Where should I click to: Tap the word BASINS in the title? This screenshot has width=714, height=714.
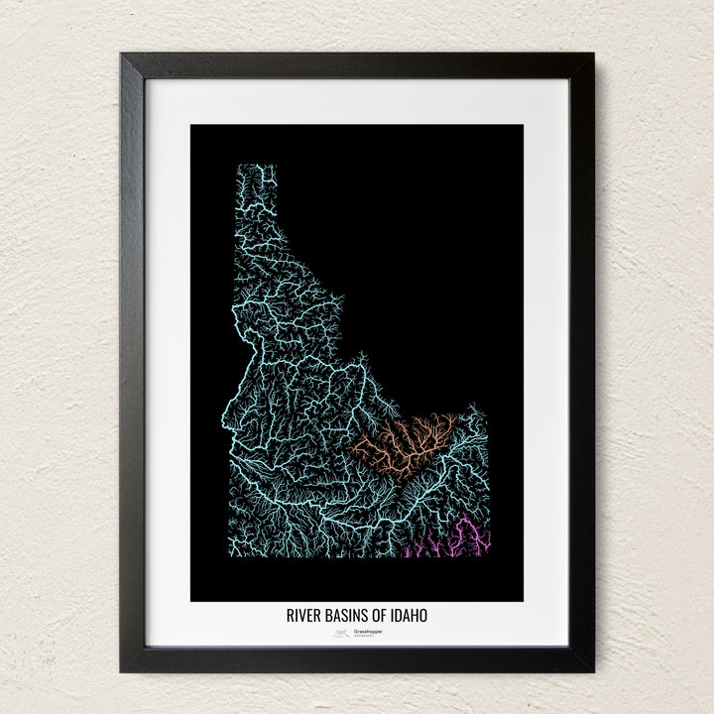[x=342, y=616]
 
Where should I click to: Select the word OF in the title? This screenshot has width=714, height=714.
[x=377, y=616]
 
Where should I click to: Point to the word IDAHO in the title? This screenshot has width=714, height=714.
[x=410, y=616]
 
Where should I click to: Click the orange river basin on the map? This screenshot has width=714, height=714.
[x=407, y=441]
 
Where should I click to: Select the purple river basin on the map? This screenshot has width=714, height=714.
[x=466, y=540]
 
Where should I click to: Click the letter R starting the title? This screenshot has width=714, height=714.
[x=289, y=616]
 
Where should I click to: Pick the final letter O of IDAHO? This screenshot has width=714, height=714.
[x=424, y=616]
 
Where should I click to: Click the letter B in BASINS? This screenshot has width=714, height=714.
[x=324, y=616]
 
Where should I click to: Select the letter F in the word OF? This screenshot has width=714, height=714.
[x=381, y=616]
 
